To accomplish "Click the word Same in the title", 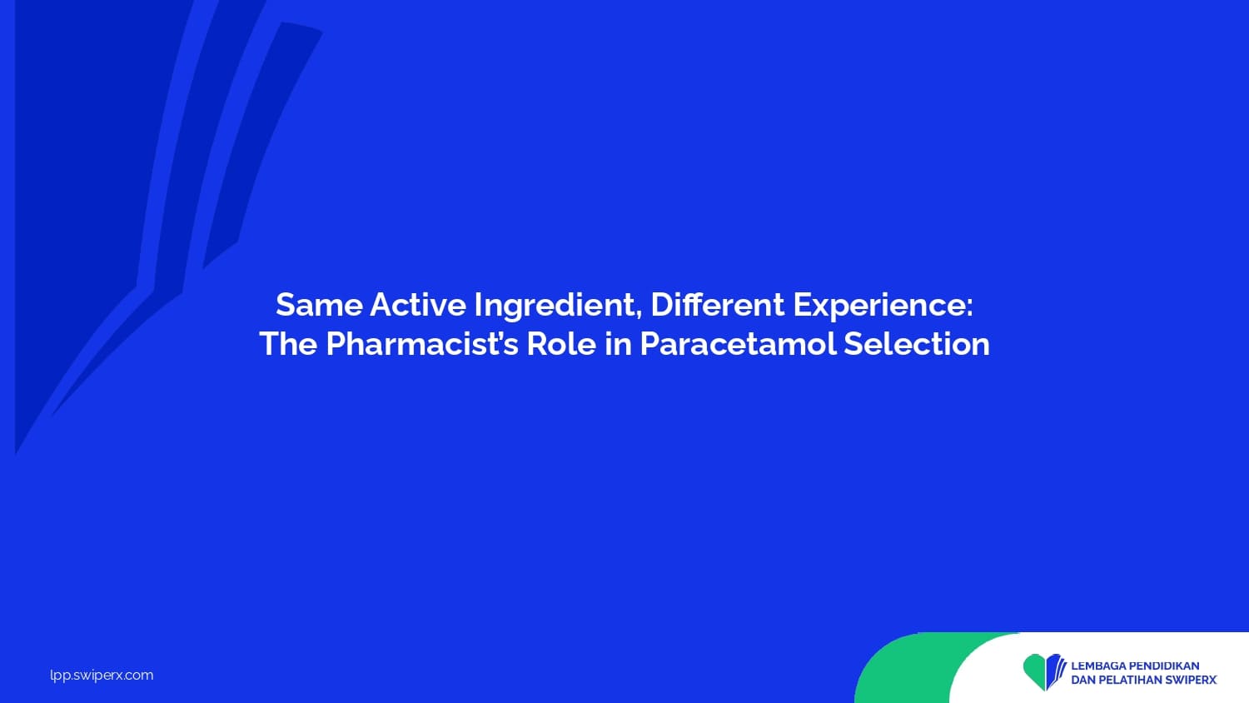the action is pyautogui.click(x=319, y=305).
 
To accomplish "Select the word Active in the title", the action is pyautogui.click(x=418, y=305).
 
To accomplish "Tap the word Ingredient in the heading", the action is pyautogui.click(x=555, y=307).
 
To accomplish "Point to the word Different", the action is pyautogui.click(x=718, y=305).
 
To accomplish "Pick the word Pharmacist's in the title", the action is pyautogui.click(x=422, y=344).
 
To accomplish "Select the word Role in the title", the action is pyautogui.click(x=561, y=344).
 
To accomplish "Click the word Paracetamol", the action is pyautogui.click(x=738, y=344).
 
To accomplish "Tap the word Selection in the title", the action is pyautogui.click(x=917, y=344).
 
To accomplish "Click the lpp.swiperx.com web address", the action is pyautogui.click(x=102, y=676).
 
